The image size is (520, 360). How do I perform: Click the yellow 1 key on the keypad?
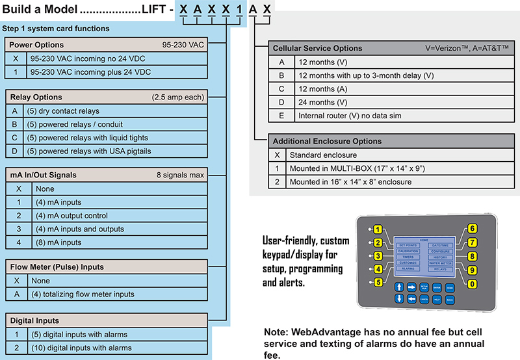pyautogui.click(x=376, y=230)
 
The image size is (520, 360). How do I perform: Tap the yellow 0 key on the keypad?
pyautogui.click(x=473, y=283)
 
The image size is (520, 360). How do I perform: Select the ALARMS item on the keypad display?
pyautogui.click(x=408, y=268)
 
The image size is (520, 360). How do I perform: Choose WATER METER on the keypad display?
pyautogui.click(x=440, y=263)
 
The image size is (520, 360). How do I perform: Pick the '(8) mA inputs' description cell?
pyautogui.click(x=53, y=242)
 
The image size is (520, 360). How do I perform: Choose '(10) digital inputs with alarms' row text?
pyautogui.click(x=79, y=348)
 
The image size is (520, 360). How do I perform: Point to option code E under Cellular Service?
pyautogui.click(x=281, y=116)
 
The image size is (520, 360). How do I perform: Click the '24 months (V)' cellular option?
pyautogui.click(x=321, y=102)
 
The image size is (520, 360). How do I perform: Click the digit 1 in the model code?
pyautogui.click(x=240, y=10)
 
